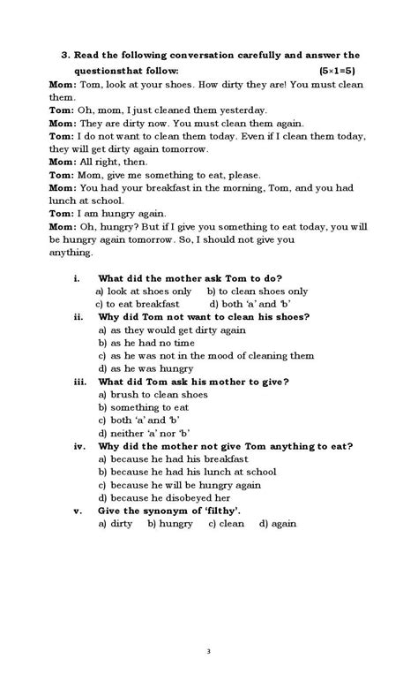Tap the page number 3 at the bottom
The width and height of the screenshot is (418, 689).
click(208, 652)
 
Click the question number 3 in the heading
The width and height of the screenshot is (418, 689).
click(64, 55)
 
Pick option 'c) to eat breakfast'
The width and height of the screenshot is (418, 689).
click(139, 304)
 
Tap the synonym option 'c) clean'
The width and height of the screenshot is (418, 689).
click(227, 524)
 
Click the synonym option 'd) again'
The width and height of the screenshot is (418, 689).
click(278, 524)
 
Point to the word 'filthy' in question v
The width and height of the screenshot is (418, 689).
click(224, 511)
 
